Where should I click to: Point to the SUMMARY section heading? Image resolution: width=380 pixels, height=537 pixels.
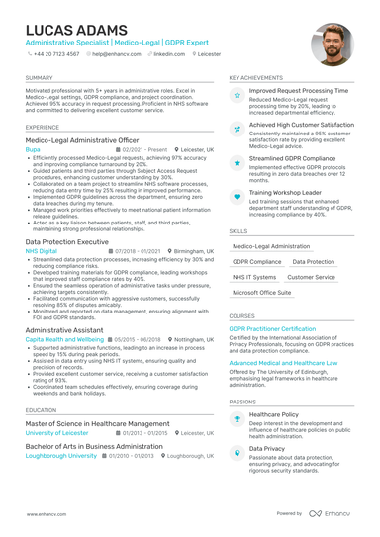point(40,76)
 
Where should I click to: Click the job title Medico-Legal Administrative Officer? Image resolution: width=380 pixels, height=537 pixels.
point(82,140)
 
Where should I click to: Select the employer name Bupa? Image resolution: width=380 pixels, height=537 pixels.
point(34,149)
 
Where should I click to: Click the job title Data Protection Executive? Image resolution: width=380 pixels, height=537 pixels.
point(66,241)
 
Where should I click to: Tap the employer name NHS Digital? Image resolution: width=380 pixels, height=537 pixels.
point(42,251)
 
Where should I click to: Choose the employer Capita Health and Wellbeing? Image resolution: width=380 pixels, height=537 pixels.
point(64,338)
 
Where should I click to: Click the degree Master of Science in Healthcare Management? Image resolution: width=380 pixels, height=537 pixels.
point(98,423)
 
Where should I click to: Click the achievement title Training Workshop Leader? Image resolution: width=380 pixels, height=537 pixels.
point(285,191)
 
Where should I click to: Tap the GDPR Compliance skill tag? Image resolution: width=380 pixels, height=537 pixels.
point(256,262)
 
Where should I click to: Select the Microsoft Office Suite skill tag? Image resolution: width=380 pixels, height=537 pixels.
point(262,293)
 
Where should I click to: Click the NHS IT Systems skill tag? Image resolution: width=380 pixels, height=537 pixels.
point(254,278)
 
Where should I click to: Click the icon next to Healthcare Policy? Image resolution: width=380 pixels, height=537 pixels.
point(237,419)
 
